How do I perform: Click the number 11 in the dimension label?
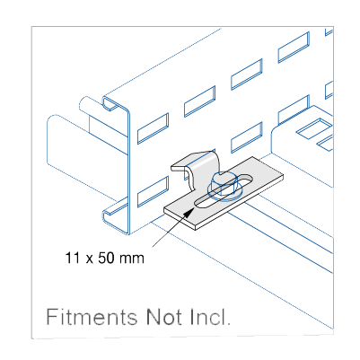pos(72,258)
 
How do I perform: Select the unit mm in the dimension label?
pos(132,259)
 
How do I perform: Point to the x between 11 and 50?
pos(89,259)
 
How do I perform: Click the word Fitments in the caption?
pos(92,317)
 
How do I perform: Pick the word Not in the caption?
pos(164,317)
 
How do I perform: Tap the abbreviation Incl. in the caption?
pos(210,317)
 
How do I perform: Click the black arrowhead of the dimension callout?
pos(189,213)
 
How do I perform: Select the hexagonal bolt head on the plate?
pos(222,183)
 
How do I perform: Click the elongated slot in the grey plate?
pos(224,190)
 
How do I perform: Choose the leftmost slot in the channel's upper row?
pos(153,128)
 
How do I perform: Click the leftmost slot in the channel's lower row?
pos(153,191)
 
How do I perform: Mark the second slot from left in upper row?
pos(199,101)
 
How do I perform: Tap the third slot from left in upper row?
pos(247,75)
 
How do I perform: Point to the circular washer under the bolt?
pos(223,191)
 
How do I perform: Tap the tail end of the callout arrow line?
pos(153,247)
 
